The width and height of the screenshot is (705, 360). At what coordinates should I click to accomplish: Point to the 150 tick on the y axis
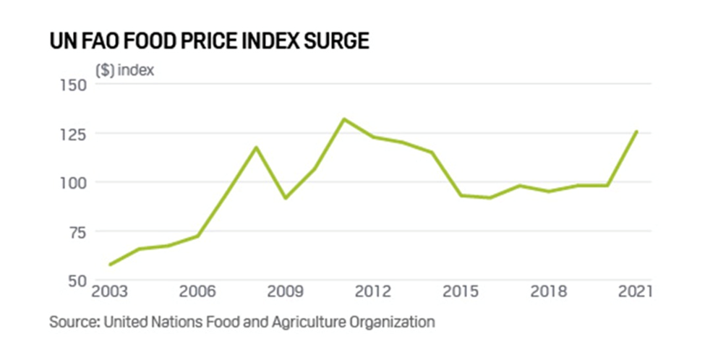(71, 85)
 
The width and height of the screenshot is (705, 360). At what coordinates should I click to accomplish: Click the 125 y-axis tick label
(71, 134)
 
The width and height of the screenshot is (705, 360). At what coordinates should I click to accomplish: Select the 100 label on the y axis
(71, 182)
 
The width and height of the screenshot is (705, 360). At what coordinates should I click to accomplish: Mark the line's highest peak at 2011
(344, 119)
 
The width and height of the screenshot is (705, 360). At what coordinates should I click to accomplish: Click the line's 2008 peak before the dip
(255, 147)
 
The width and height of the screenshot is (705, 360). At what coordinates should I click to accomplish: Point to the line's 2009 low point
(285, 197)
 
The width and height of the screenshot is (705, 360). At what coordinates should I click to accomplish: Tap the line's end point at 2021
(637, 131)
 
